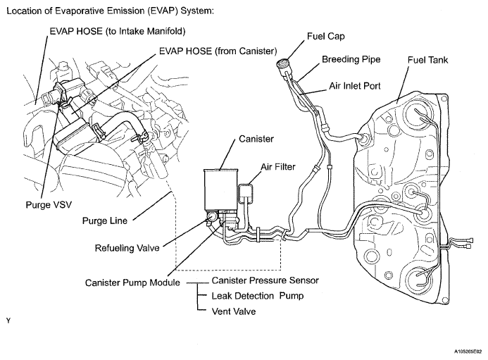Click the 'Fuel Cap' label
326,37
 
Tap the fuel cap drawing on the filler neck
284,66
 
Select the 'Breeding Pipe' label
351,59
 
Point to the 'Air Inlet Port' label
355,86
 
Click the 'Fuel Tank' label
427,60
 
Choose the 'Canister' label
256,139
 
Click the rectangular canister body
220,190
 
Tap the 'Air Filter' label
278,167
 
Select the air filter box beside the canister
245,193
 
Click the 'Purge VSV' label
49,205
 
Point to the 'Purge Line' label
104,221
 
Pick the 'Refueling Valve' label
127,248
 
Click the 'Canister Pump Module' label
132,283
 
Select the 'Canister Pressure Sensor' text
265,280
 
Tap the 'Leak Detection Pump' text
258,296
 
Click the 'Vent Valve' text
234,311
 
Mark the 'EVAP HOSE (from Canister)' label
218,51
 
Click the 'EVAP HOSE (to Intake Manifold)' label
118,32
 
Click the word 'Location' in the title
24,11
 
